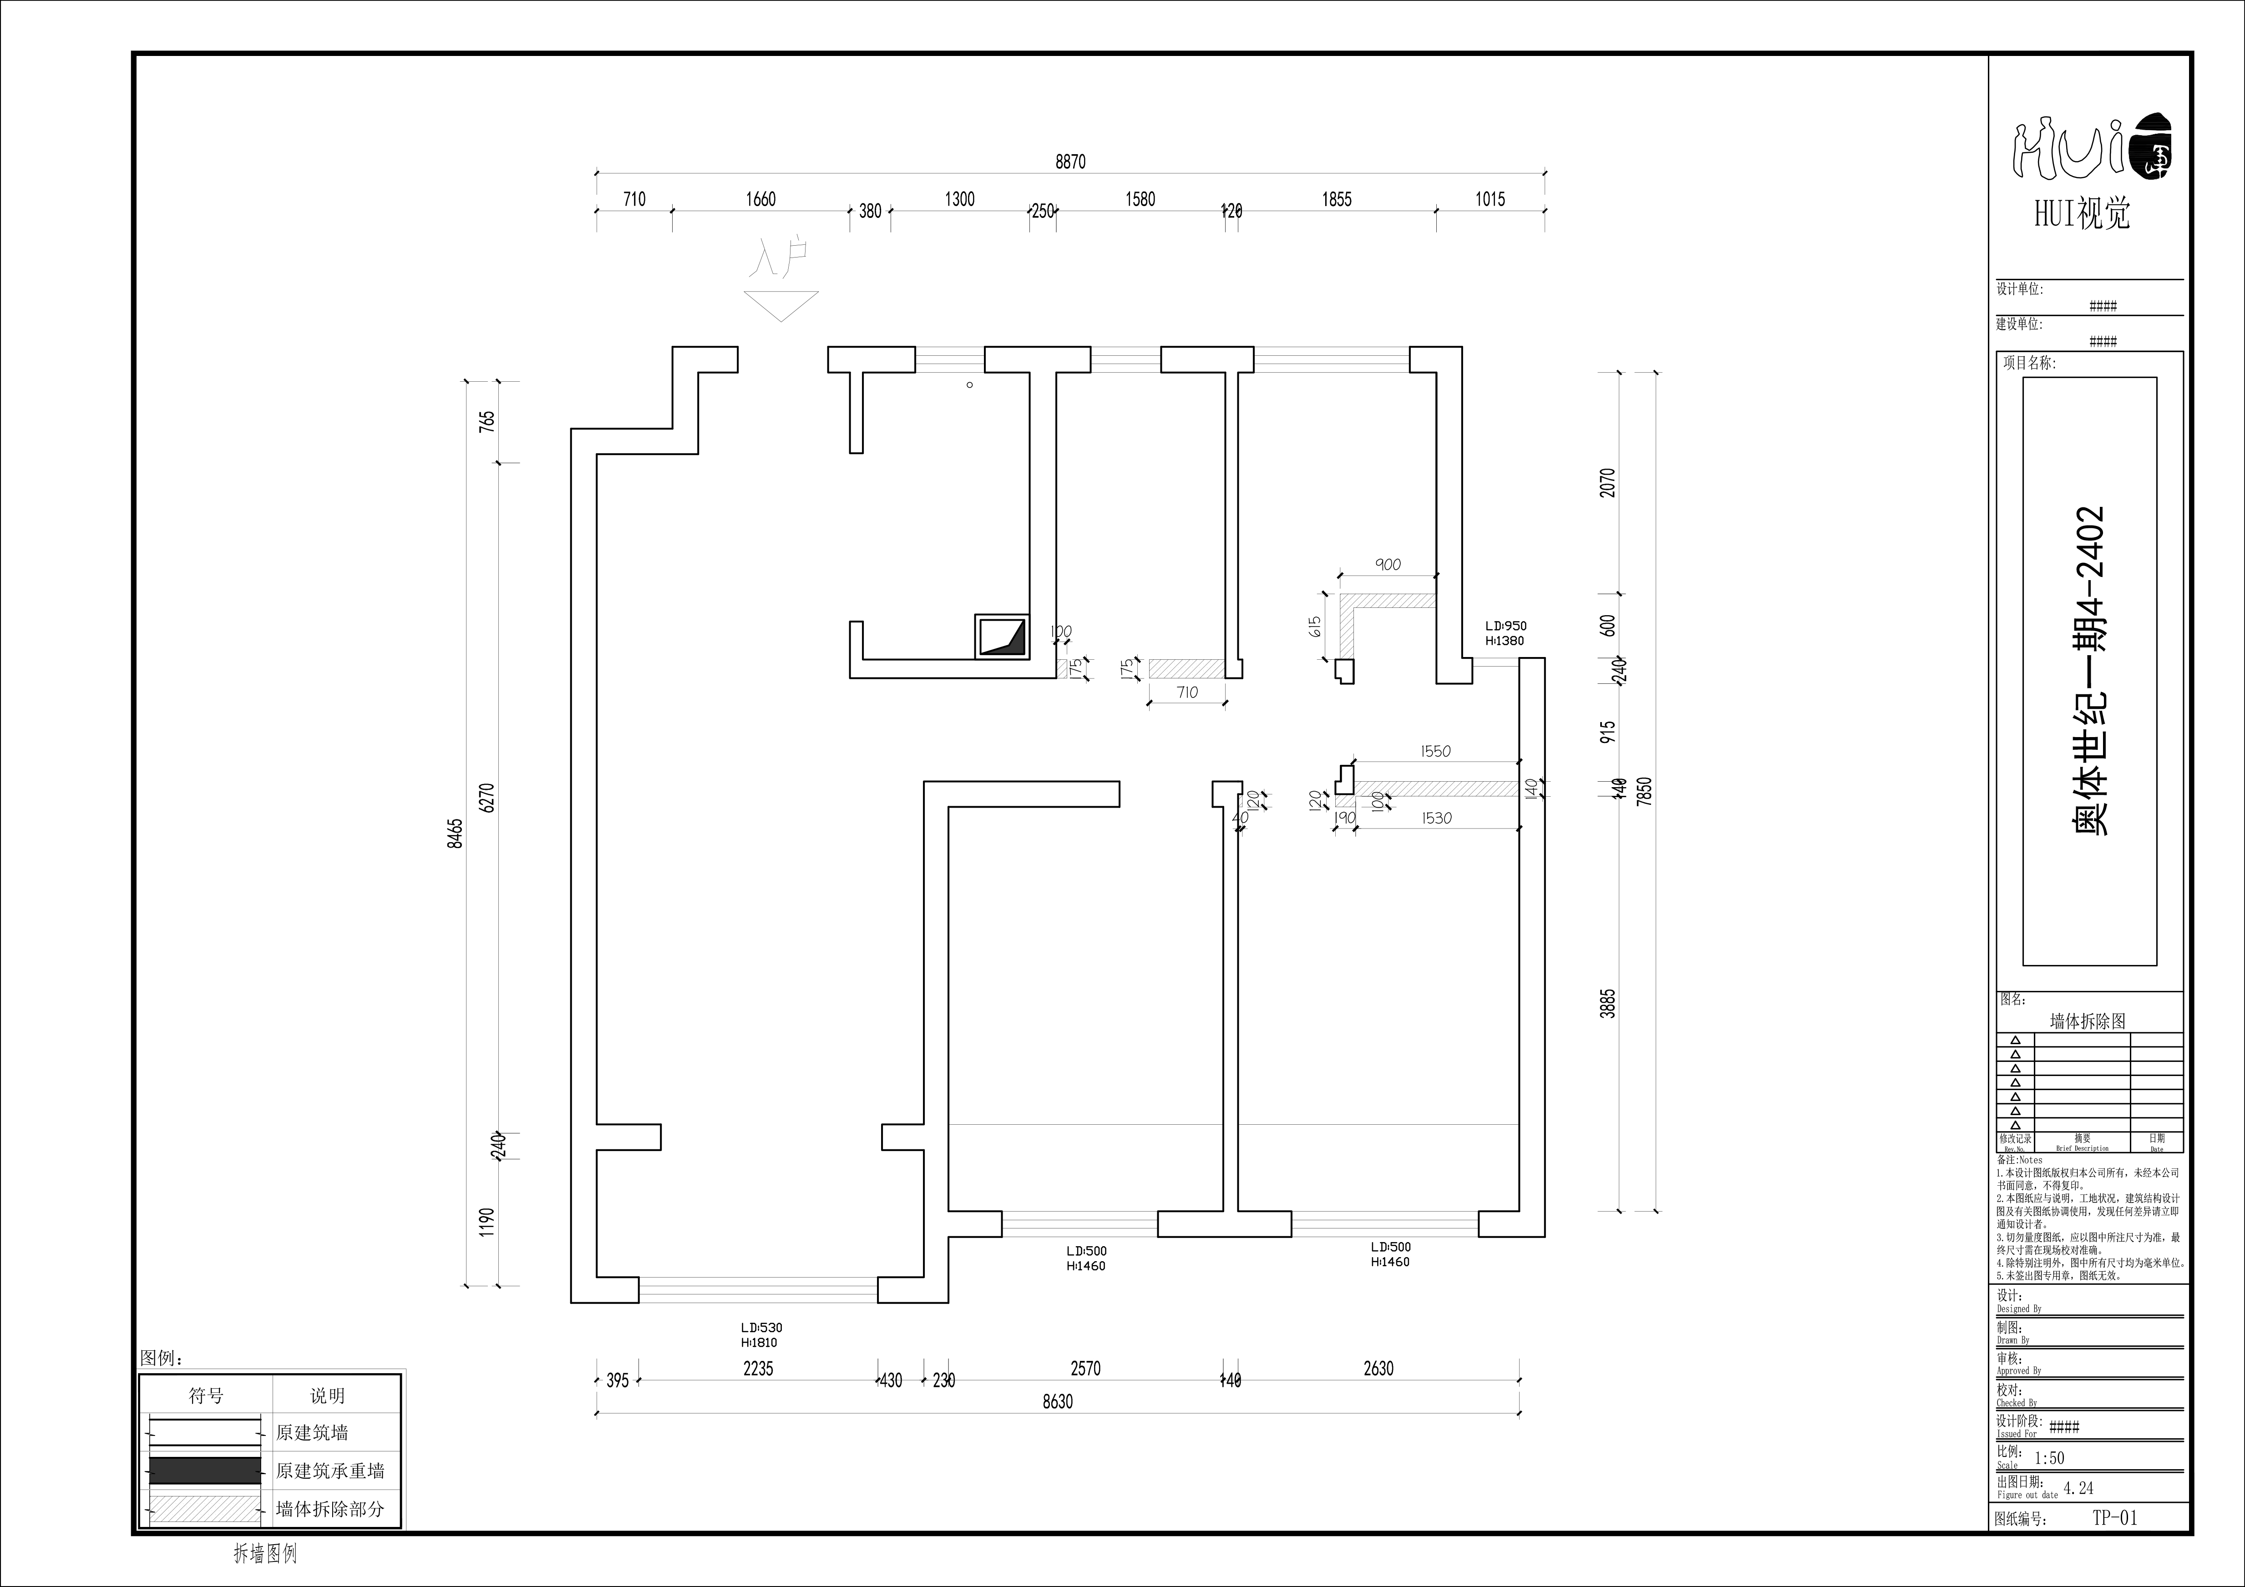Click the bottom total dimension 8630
[x=1057, y=1401]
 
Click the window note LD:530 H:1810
[x=761, y=1335]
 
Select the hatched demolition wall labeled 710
[x=1187, y=669]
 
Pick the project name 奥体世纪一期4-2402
[x=2089, y=671]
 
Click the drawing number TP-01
[x=2115, y=1517]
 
